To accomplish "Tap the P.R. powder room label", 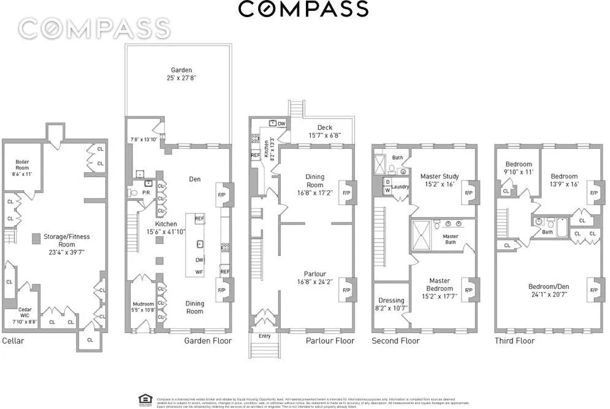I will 147,192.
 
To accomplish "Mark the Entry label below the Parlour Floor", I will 264,336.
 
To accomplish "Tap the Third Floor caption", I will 514,341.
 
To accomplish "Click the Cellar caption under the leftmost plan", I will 13,340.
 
